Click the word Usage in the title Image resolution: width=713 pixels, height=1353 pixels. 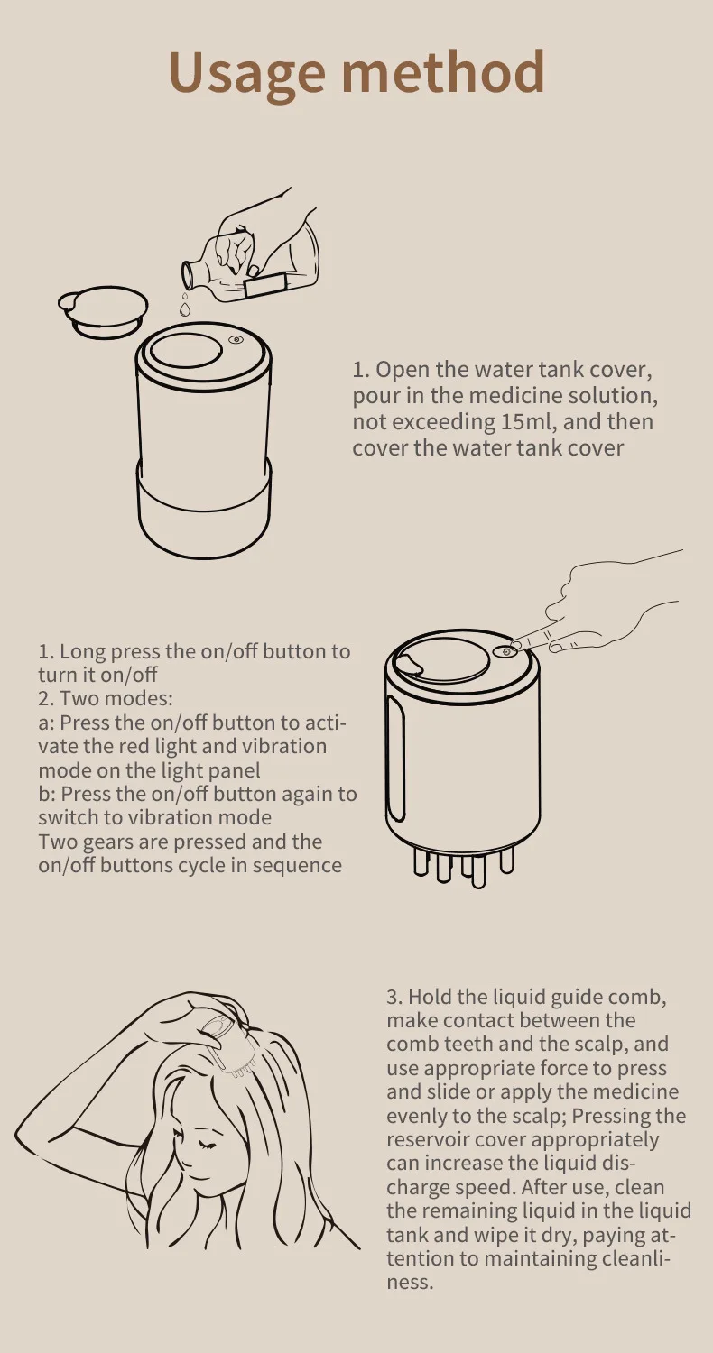247,74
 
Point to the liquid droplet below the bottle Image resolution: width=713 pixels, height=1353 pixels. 185,308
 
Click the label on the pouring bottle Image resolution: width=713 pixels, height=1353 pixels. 266,284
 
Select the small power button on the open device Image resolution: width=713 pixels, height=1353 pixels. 236,341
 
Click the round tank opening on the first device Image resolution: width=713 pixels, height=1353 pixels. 186,350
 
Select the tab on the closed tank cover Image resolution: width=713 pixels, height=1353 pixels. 411,662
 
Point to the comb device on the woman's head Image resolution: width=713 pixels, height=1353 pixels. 224,1048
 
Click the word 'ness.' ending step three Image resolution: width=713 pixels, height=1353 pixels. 411,1282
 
